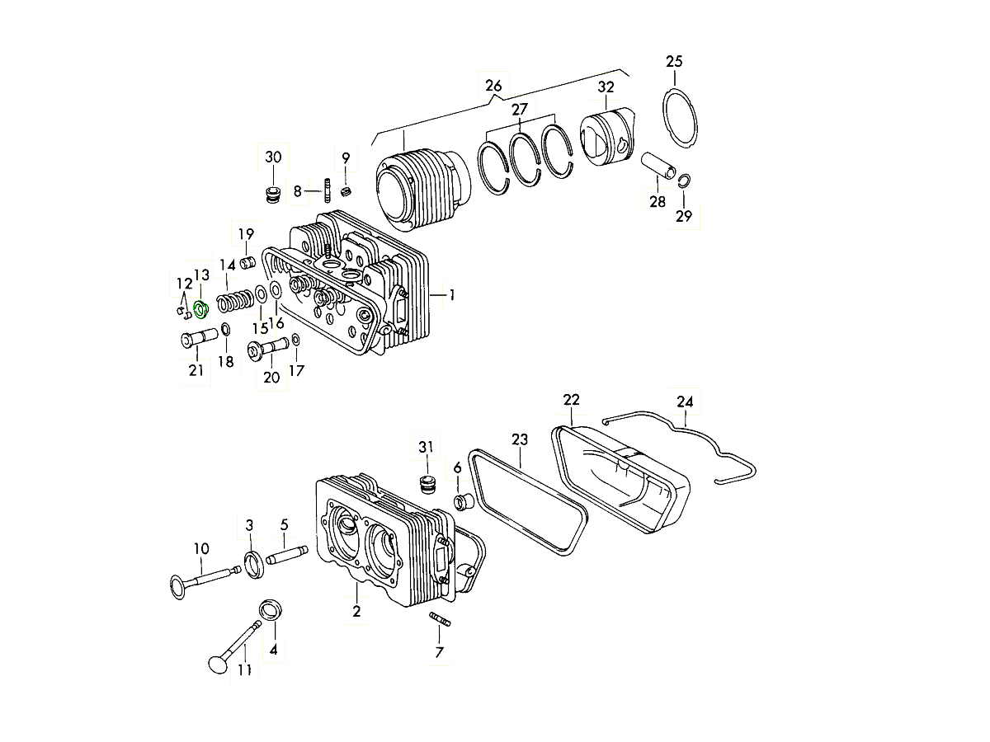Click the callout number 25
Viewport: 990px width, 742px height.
(674, 61)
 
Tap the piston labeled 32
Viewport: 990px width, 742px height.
(606, 137)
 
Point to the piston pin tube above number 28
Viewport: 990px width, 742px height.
(659, 166)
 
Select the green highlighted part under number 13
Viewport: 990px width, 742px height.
(201, 310)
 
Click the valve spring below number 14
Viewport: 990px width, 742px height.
(235, 300)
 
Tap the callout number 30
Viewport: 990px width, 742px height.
(273, 157)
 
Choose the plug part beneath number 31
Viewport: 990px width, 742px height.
(426, 485)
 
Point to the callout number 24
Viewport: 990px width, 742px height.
(685, 402)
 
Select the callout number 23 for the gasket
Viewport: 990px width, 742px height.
(520, 439)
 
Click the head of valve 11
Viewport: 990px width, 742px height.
(219, 664)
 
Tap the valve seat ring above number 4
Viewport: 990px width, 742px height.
(271, 610)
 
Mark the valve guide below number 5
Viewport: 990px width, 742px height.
(287, 555)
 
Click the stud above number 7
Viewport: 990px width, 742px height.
(440, 619)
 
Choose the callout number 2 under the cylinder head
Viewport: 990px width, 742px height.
(356, 612)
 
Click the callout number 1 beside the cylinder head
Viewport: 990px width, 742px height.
(452, 295)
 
